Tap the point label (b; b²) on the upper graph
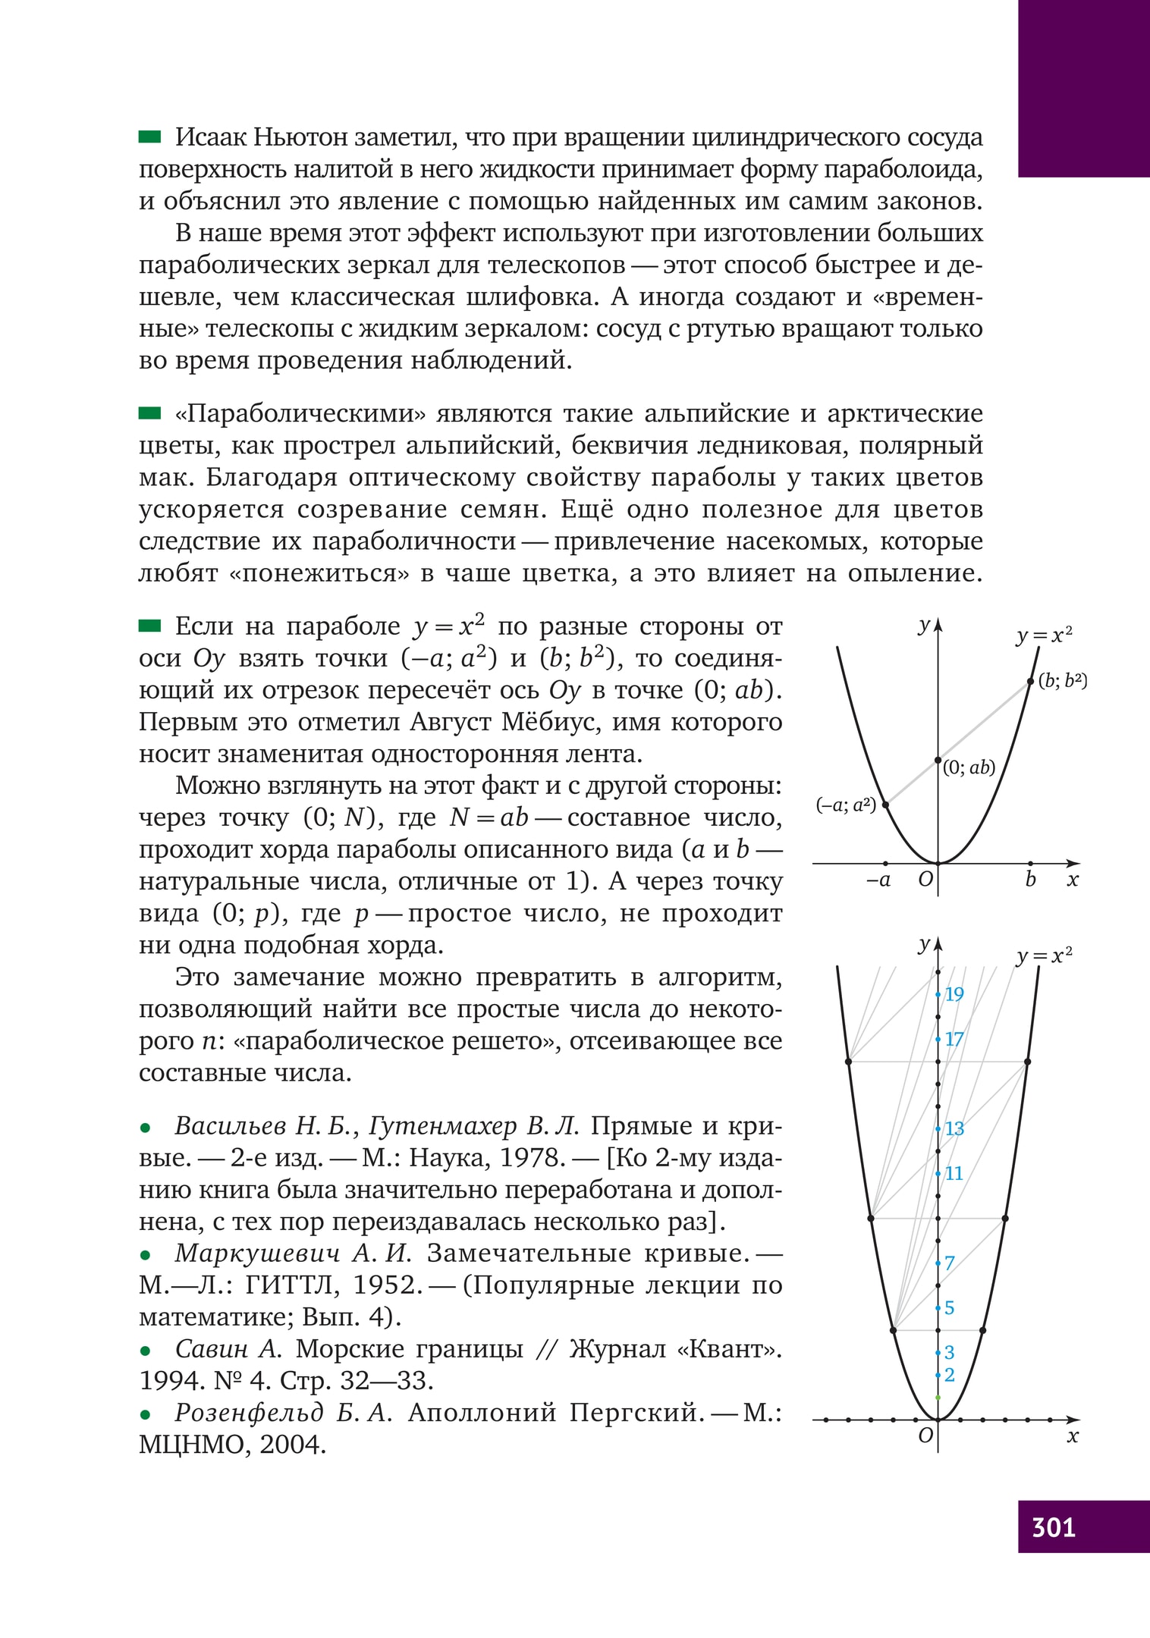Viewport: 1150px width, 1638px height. point(1062,680)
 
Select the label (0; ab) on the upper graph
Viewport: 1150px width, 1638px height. point(969,767)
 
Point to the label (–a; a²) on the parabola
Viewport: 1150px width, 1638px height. point(846,805)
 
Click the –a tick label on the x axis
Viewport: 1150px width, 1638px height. point(879,880)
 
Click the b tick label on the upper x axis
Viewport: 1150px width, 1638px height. point(1030,880)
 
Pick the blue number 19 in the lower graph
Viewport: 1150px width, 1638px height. point(954,994)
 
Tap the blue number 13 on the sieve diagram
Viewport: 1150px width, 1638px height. point(954,1129)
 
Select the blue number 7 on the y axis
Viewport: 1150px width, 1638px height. point(949,1263)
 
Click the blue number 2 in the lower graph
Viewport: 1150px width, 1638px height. point(949,1375)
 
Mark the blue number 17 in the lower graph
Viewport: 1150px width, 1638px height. point(954,1039)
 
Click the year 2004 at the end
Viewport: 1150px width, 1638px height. point(293,1445)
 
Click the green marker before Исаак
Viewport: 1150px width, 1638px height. point(150,137)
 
